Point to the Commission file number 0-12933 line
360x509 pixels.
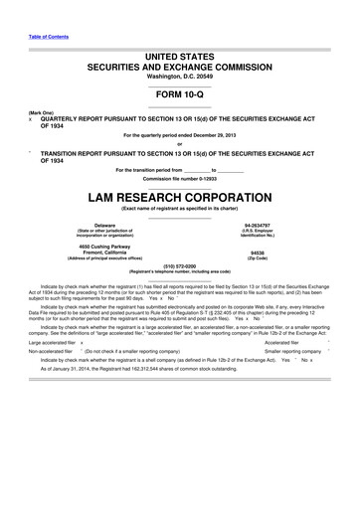click(x=179, y=178)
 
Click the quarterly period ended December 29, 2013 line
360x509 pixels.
click(x=180, y=134)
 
